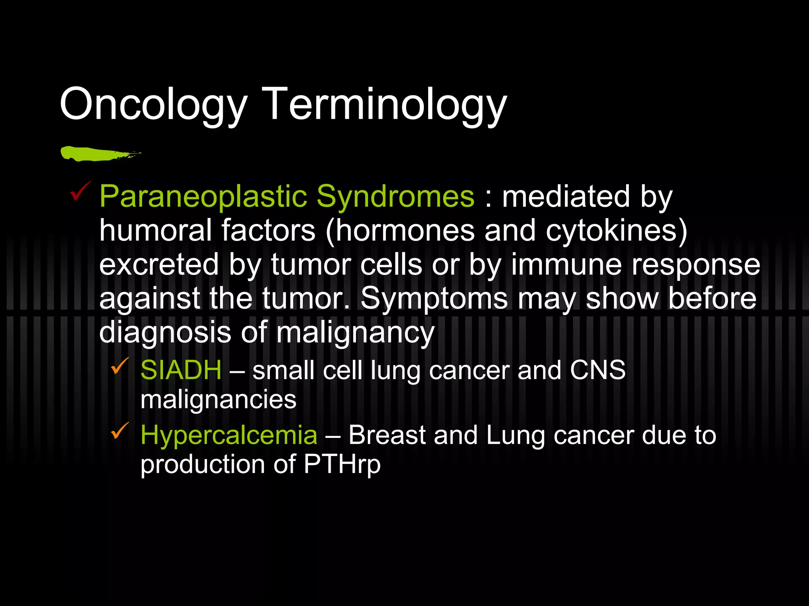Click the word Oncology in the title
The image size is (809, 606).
tap(153, 105)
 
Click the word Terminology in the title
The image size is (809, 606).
tap(384, 105)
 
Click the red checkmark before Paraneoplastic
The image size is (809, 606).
tap(80, 191)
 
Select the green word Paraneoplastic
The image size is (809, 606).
tap(203, 196)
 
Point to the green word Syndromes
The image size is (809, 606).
tap(395, 196)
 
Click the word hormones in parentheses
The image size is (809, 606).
tap(405, 230)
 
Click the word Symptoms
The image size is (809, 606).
tap(434, 299)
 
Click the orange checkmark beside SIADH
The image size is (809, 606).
tap(120, 366)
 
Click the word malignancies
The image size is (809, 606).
tap(218, 399)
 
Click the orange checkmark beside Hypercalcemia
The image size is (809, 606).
tap(120, 430)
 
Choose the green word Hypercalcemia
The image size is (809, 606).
tap(229, 435)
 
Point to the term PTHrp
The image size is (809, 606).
tap(342, 465)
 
